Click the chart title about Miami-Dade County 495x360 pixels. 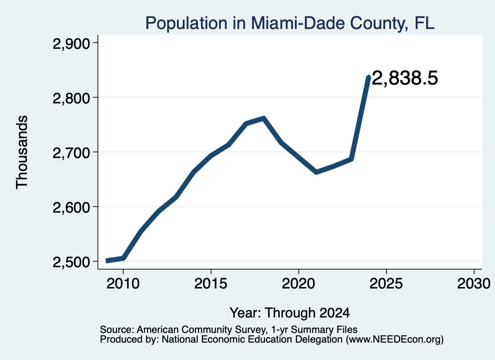coord(290,23)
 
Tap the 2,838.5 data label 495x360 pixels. coord(405,78)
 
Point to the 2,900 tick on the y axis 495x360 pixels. coord(72,43)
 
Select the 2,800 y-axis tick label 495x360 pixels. coord(72,98)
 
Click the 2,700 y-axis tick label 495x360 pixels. coord(72,153)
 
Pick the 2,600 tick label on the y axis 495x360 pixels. coord(72,208)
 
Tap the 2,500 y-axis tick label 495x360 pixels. coord(72,262)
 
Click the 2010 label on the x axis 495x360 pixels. coord(123,284)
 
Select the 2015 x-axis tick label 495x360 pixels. coord(211,284)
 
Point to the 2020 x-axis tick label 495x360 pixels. coord(298,284)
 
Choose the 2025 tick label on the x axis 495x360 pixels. coord(386,284)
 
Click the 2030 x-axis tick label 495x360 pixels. coord(474,284)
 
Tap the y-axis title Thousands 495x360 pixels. coord(22,152)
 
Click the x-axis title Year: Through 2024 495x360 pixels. coord(290,313)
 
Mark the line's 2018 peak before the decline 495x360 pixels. coord(263,118)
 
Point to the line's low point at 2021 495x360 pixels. coord(316,172)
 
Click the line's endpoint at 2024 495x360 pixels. coord(369,77)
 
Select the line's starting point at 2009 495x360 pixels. coord(107,261)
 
